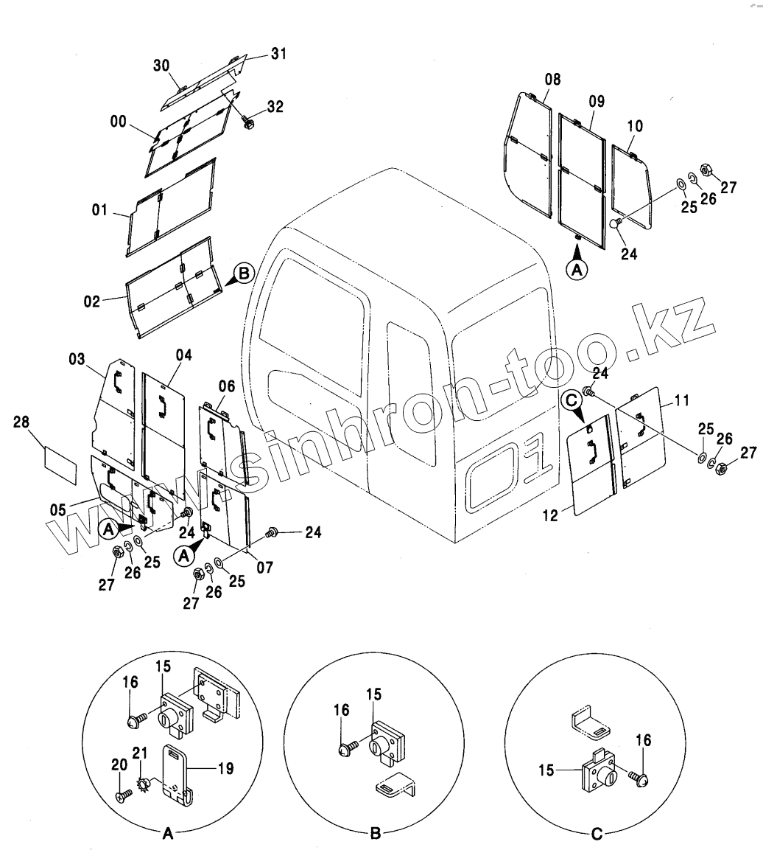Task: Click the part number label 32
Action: click(275, 107)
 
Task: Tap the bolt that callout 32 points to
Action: click(249, 125)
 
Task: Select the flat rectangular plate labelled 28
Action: click(60, 464)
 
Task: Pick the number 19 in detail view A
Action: click(225, 768)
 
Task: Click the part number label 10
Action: click(634, 126)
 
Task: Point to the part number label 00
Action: click(119, 122)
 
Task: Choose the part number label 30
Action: click(161, 65)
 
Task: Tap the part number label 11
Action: click(681, 400)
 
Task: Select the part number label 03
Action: click(77, 359)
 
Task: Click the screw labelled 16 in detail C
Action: click(639, 776)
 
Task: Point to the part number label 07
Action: click(264, 568)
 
